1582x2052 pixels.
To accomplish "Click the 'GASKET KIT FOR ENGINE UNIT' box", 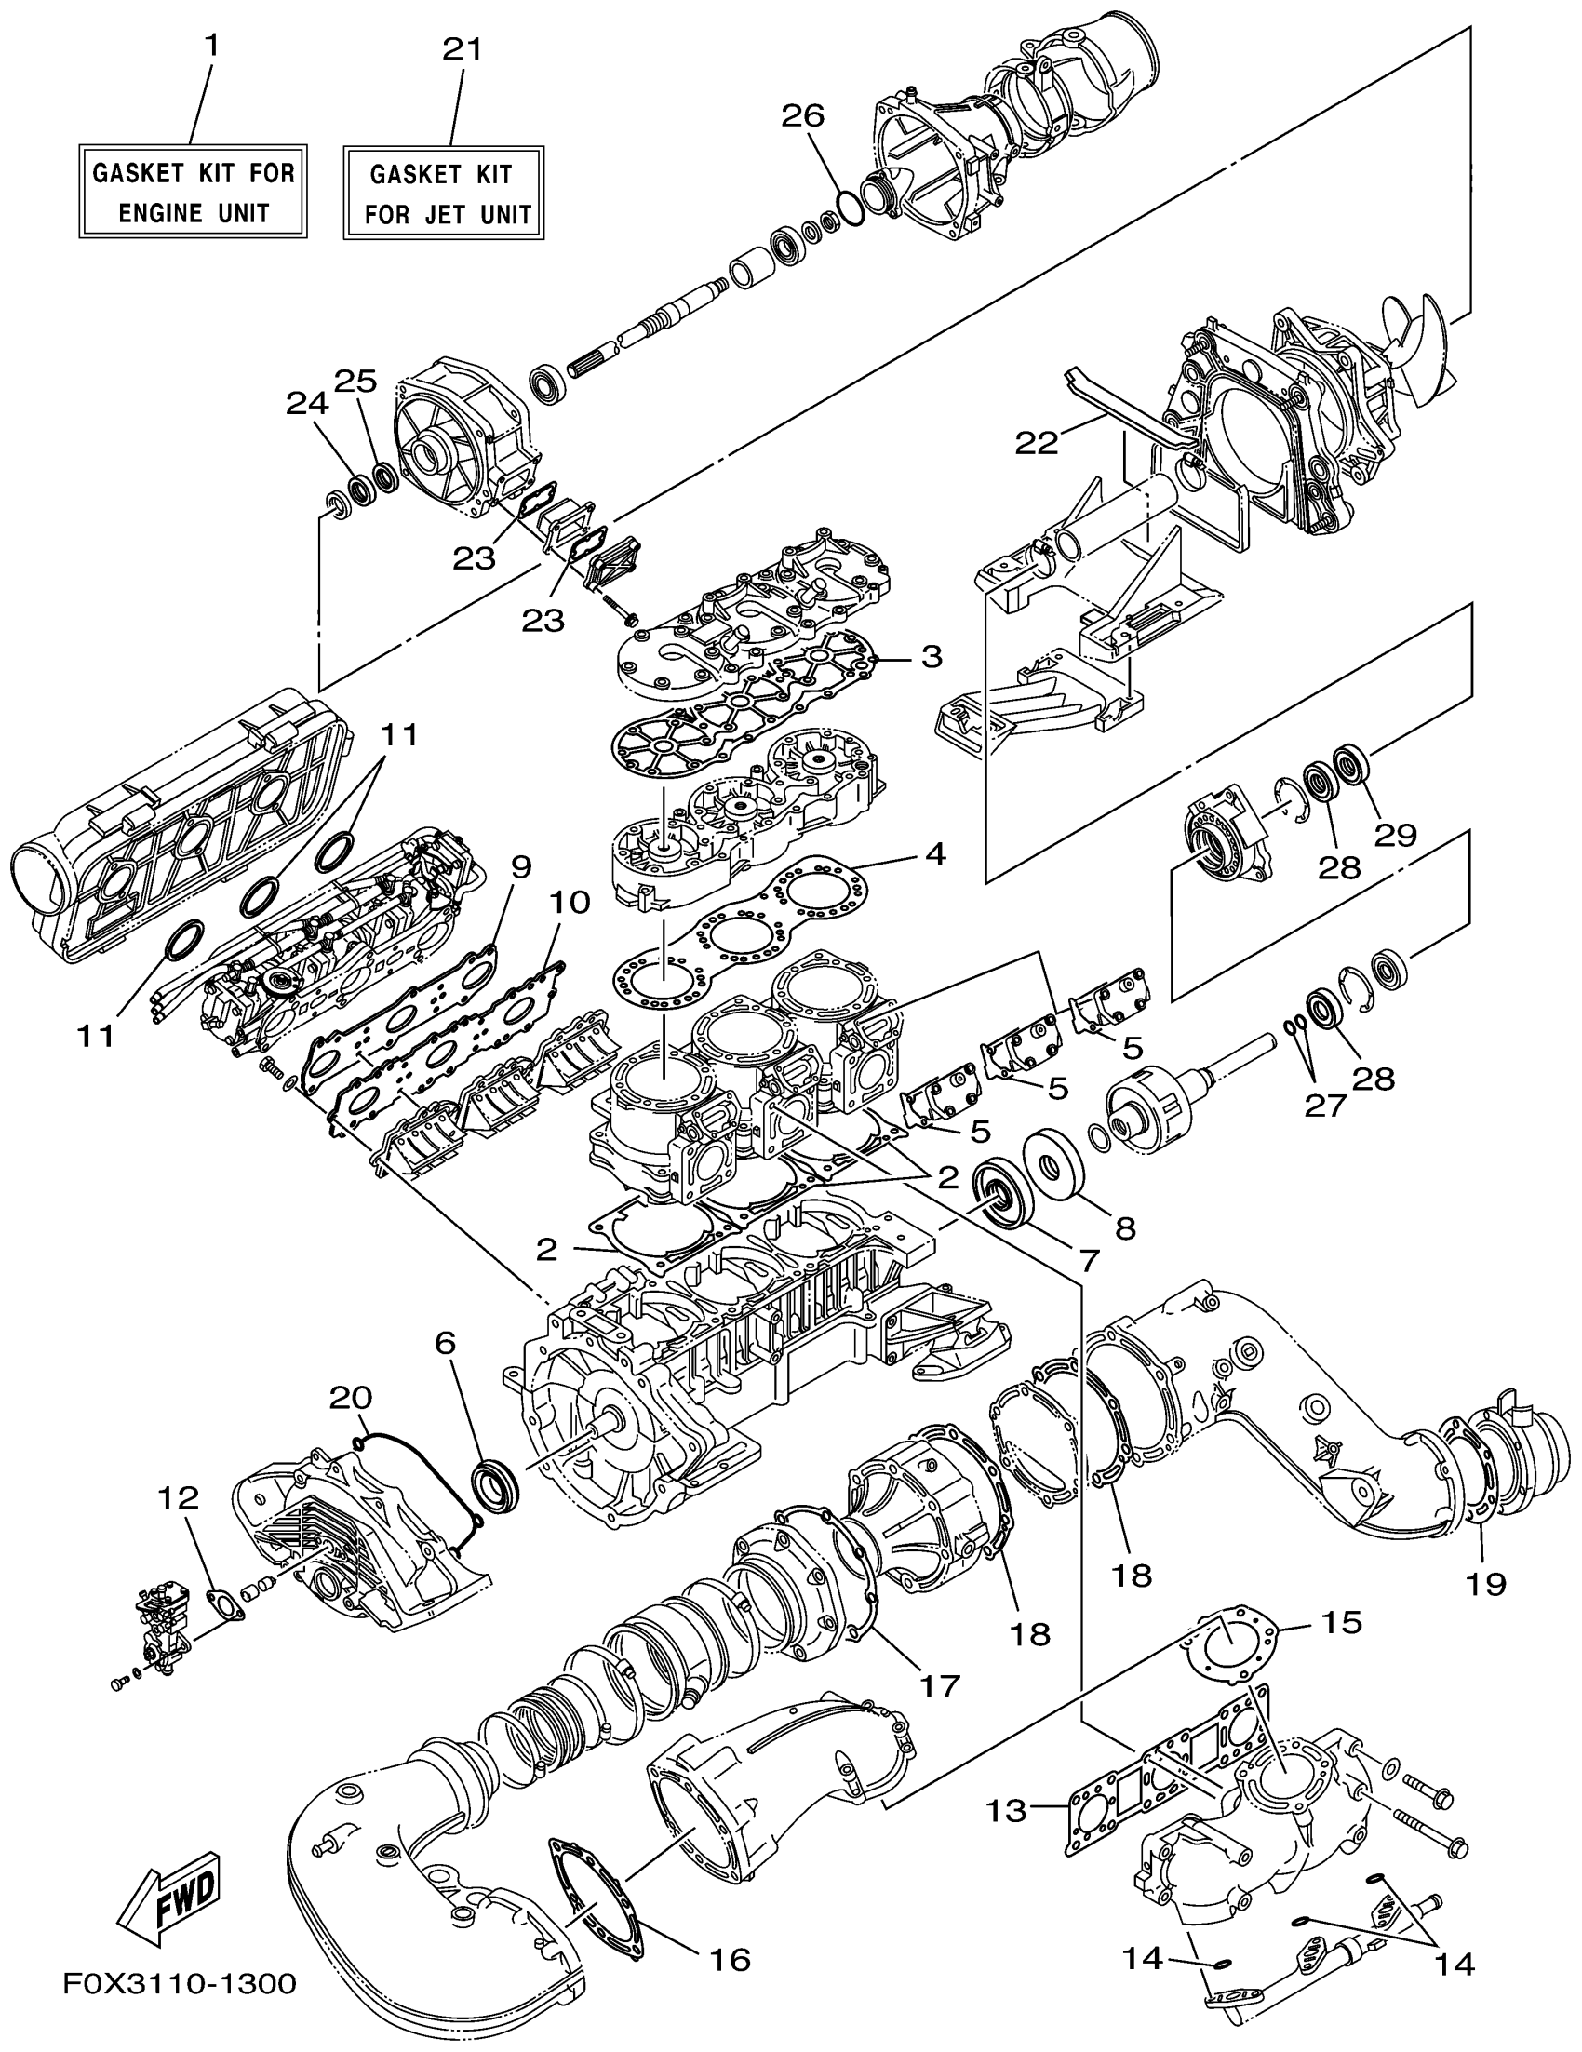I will [193, 192].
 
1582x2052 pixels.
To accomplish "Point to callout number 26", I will [802, 115].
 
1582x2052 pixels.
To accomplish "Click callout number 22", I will [1036, 443].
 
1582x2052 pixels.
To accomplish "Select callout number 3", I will [930, 656].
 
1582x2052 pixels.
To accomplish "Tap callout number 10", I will [570, 903].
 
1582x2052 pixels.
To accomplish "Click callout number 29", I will [1395, 835].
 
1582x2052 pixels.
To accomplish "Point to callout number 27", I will [1324, 1106].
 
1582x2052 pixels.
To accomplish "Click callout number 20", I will [351, 1398].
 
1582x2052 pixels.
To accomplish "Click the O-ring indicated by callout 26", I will [849, 208].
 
